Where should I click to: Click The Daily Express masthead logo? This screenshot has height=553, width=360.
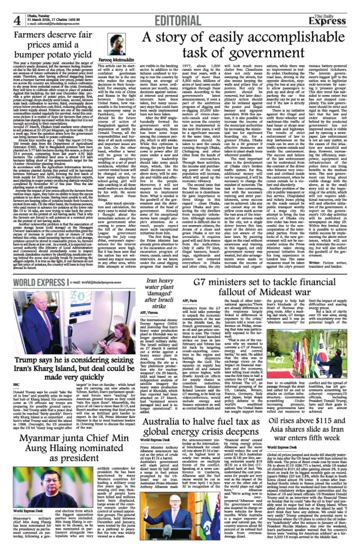point(336,11)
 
